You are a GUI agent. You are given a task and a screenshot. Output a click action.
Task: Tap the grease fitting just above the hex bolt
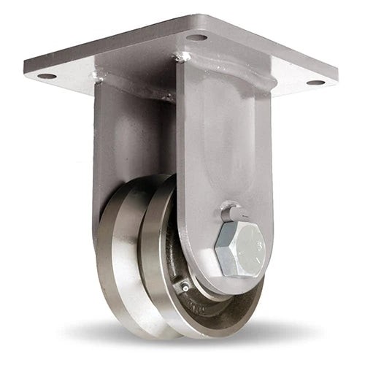coord(233,214)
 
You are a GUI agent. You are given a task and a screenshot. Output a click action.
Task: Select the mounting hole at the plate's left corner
coord(46,75)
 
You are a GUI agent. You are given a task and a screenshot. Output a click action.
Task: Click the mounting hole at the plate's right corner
coord(315,82)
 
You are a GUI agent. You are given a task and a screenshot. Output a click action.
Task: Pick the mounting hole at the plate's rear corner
coord(196,36)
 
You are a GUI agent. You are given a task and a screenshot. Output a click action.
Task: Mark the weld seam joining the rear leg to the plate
coord(128,88)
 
